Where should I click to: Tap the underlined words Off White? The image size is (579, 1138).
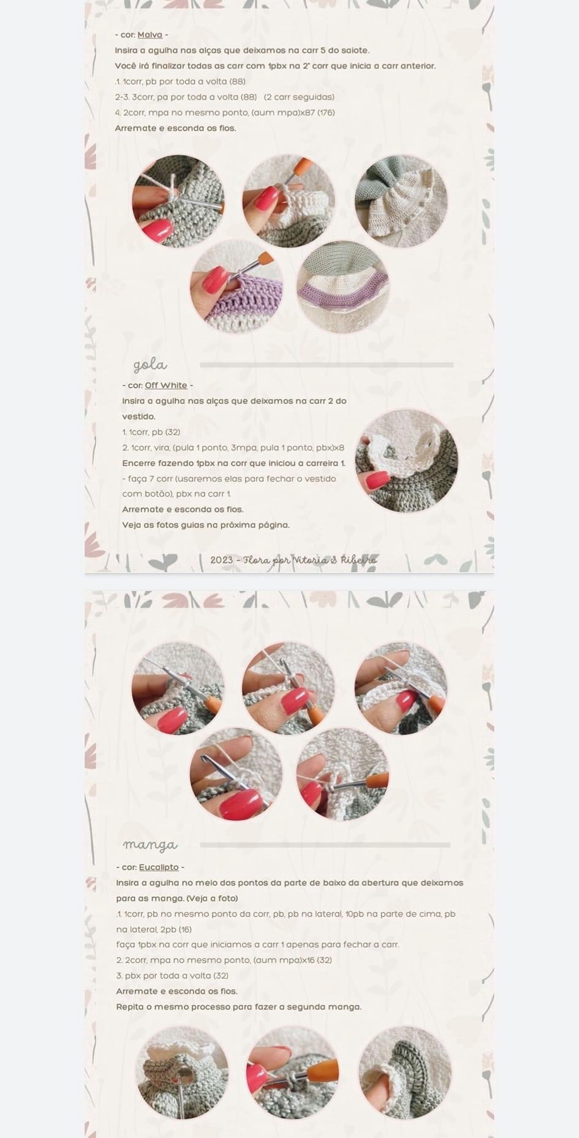[166, 385]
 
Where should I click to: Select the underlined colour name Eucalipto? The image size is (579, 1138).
[159, 867]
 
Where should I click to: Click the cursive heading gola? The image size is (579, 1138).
[150, 365]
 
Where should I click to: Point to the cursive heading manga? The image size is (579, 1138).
[150, 845]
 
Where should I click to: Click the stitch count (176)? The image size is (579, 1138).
[326, 113]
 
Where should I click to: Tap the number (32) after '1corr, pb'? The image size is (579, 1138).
[173, 432]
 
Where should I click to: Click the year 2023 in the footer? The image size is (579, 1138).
[222, 560]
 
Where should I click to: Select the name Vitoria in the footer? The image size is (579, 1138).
[312, 560]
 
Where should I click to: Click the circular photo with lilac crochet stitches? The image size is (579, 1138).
[237, 287]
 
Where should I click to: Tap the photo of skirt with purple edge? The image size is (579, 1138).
[342, 287]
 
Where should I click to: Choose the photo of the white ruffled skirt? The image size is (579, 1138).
[401, 201]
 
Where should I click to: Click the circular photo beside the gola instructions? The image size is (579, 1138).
[407, 461]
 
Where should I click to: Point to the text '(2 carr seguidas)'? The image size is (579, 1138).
[299, 97]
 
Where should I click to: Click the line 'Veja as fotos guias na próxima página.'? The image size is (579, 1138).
[206, 525]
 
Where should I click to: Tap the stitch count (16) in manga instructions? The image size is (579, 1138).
[184, 930]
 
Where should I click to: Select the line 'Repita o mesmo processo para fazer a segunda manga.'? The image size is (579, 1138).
[239, 1007]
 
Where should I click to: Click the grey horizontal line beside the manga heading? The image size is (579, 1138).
[325, 845]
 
